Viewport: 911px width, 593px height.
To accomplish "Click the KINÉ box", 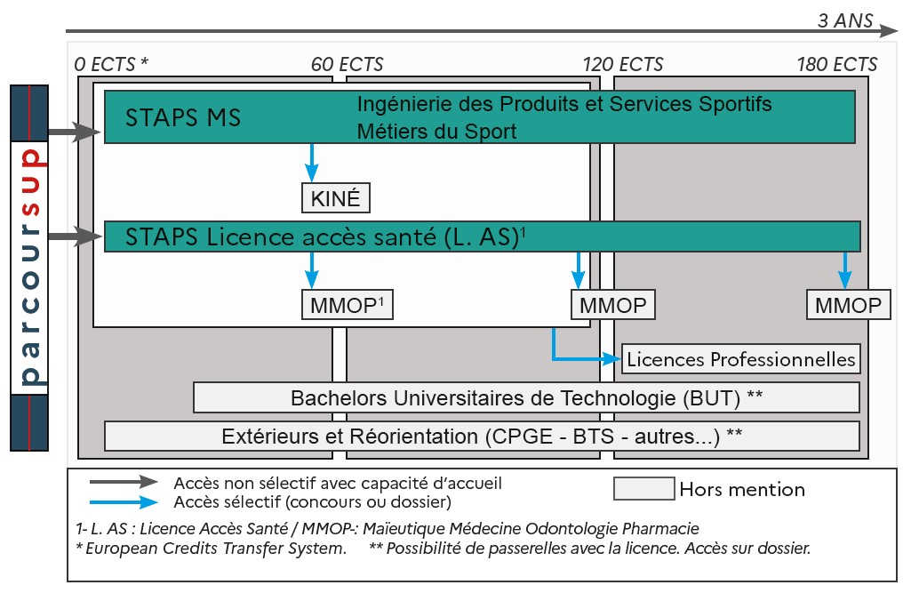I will (x=336, y=198).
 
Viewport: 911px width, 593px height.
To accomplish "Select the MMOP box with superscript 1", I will (x=348, y=306).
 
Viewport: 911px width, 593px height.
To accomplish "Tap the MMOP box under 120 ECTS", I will (x=612, y=306).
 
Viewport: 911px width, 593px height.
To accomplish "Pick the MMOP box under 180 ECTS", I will (x=849, y=306).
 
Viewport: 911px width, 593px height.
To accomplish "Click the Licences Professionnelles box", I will (x=741, y=359).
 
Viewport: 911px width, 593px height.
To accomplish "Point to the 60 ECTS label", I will (x=348, y=65).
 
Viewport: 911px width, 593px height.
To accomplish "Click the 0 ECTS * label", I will (x=111, y=65).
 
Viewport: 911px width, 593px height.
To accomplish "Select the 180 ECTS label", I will (x=836, y=65).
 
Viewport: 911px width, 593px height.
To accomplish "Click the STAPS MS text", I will (x=183, y=118).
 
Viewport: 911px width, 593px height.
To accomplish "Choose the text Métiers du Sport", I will (x=436, y=132).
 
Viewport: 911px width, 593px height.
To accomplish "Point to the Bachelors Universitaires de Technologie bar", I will (x=526, y=397).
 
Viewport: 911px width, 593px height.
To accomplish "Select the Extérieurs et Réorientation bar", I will (x=482, y=437).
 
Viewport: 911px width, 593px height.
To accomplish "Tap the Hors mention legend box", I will (x=643, y=489).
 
